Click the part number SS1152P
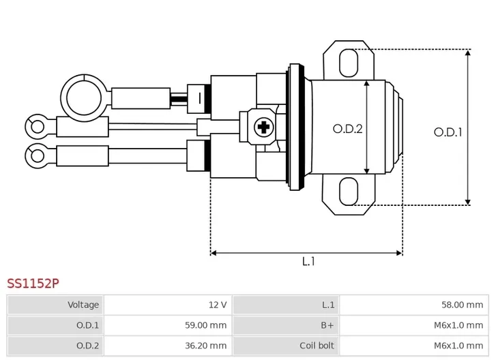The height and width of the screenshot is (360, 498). coord(33,283)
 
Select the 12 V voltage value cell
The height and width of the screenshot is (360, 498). coord(169,305)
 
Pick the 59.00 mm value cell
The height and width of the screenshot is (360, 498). coord(169,325)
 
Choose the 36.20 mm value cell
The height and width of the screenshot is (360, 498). coord(169,346)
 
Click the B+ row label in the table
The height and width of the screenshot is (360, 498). coord(286,325)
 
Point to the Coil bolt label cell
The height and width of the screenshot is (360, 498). coord(286,346)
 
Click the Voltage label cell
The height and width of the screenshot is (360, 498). coord(55,305)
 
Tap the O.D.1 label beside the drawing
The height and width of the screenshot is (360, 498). coord(448,132)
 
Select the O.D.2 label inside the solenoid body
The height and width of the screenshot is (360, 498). coord(347,129)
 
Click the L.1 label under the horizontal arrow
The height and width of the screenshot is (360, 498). coord(308,262)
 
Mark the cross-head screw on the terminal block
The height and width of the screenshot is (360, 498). coord(263,127)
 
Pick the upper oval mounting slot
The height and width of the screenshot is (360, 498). coord(349,63)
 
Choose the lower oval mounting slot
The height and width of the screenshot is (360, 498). coord(349,192)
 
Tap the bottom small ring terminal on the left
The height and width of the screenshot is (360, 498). coord(37,155)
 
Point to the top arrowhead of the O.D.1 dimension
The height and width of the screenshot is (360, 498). coord(467,52)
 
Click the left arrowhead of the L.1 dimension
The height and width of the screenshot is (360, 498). coord(214,253)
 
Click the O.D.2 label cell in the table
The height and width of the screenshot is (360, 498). coord(55,346)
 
